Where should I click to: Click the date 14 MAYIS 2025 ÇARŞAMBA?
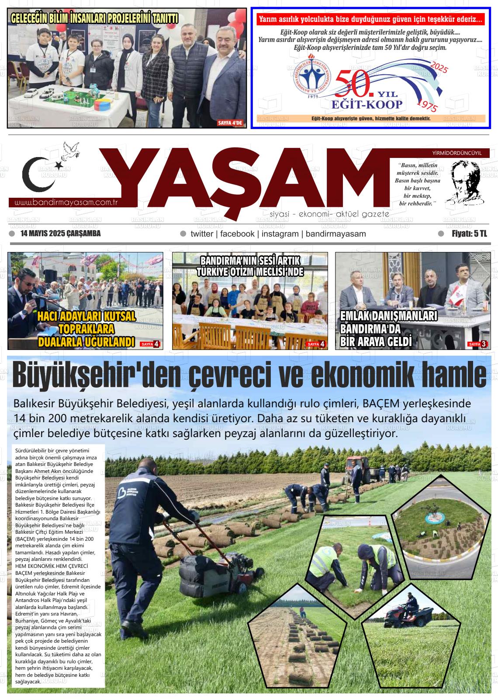61,234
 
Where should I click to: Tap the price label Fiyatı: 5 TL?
469,234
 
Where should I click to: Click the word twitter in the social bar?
202,234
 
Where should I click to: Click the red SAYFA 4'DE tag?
230,123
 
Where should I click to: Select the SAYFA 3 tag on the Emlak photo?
477,344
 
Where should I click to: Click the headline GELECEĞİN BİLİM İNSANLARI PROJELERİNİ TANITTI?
94,19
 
